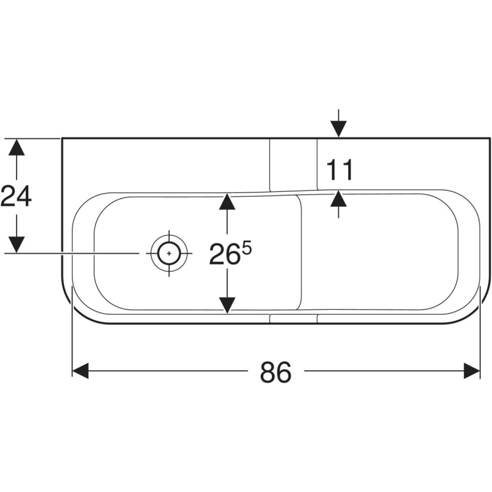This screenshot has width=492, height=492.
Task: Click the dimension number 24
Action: click(16, 196)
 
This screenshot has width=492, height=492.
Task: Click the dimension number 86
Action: click(276, 372)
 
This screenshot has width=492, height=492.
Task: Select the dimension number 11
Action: click(339, 170)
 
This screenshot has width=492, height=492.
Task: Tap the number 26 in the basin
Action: click(223, 254)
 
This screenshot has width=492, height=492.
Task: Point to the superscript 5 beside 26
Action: click(247, 250)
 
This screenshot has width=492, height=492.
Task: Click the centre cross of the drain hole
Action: click(169, 253)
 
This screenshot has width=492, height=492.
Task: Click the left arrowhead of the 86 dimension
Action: click(81, 371)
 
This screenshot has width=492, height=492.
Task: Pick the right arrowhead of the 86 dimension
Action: click(472, 371)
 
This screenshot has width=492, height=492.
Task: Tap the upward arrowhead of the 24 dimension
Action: click(17, 147)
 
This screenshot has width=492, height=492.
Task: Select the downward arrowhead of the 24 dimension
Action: click(17, 245)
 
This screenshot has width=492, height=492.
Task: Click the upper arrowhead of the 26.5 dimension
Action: click(227, 202)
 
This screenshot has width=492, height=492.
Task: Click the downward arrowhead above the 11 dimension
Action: click(338, 129)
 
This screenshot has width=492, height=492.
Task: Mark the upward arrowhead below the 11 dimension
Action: click(338, 199)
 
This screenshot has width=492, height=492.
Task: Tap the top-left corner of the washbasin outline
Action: click(62, 138)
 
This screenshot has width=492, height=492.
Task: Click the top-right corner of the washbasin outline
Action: click(490, 138)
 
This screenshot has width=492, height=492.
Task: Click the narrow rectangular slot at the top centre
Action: click(293, 165)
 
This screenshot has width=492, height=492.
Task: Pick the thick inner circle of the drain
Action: click(169, 242)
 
